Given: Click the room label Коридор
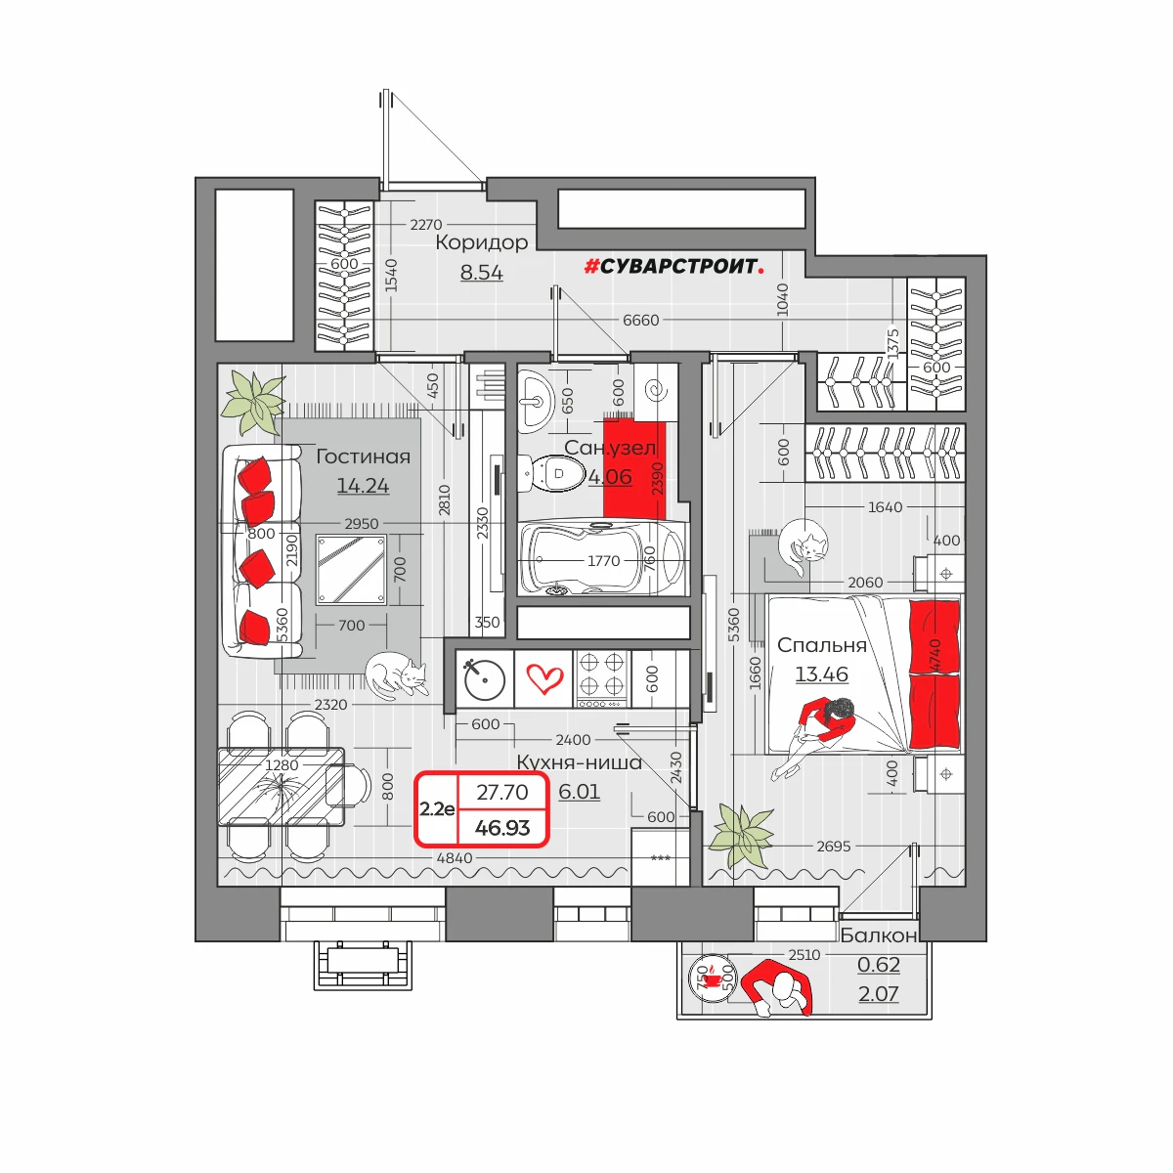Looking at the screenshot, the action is pyautogui.click(x=482, y=242).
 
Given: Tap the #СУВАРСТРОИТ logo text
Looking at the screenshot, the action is pyautogui.click(x=673, y=266).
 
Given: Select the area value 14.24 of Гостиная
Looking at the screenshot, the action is pyautogui.click(x=363, y=485).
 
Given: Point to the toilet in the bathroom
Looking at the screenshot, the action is pyautogui.click(x=551, y=473).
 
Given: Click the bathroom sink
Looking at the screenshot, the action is pyautogui.click(x=537, y=402).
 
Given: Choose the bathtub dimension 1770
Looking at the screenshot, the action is pyautogui.click(x=603, y=561).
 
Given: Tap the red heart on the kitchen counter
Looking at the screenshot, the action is pyautogui.click(x=544, y=678).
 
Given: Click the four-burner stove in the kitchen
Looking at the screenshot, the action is pyautogui.click(x=602, y=678).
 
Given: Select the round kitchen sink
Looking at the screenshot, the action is pyautogui.click(x=485, y=680).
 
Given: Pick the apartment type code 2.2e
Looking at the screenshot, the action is pyautogui.click(x=437, y=809).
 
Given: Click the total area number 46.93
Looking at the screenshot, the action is pyautogui.click(x=502, y=828).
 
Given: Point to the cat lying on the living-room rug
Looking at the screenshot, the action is pyautogui.click(x=396, y=673).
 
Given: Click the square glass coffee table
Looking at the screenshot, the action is pyautogui.click(x=351, y=570).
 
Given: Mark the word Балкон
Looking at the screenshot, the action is pyautogui.click(x=879, y=935).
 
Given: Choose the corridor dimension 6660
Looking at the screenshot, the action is pyautogui.click(x=640, y=321).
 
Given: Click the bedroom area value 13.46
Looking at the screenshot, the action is pyautogui.click(x=821, y=673).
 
